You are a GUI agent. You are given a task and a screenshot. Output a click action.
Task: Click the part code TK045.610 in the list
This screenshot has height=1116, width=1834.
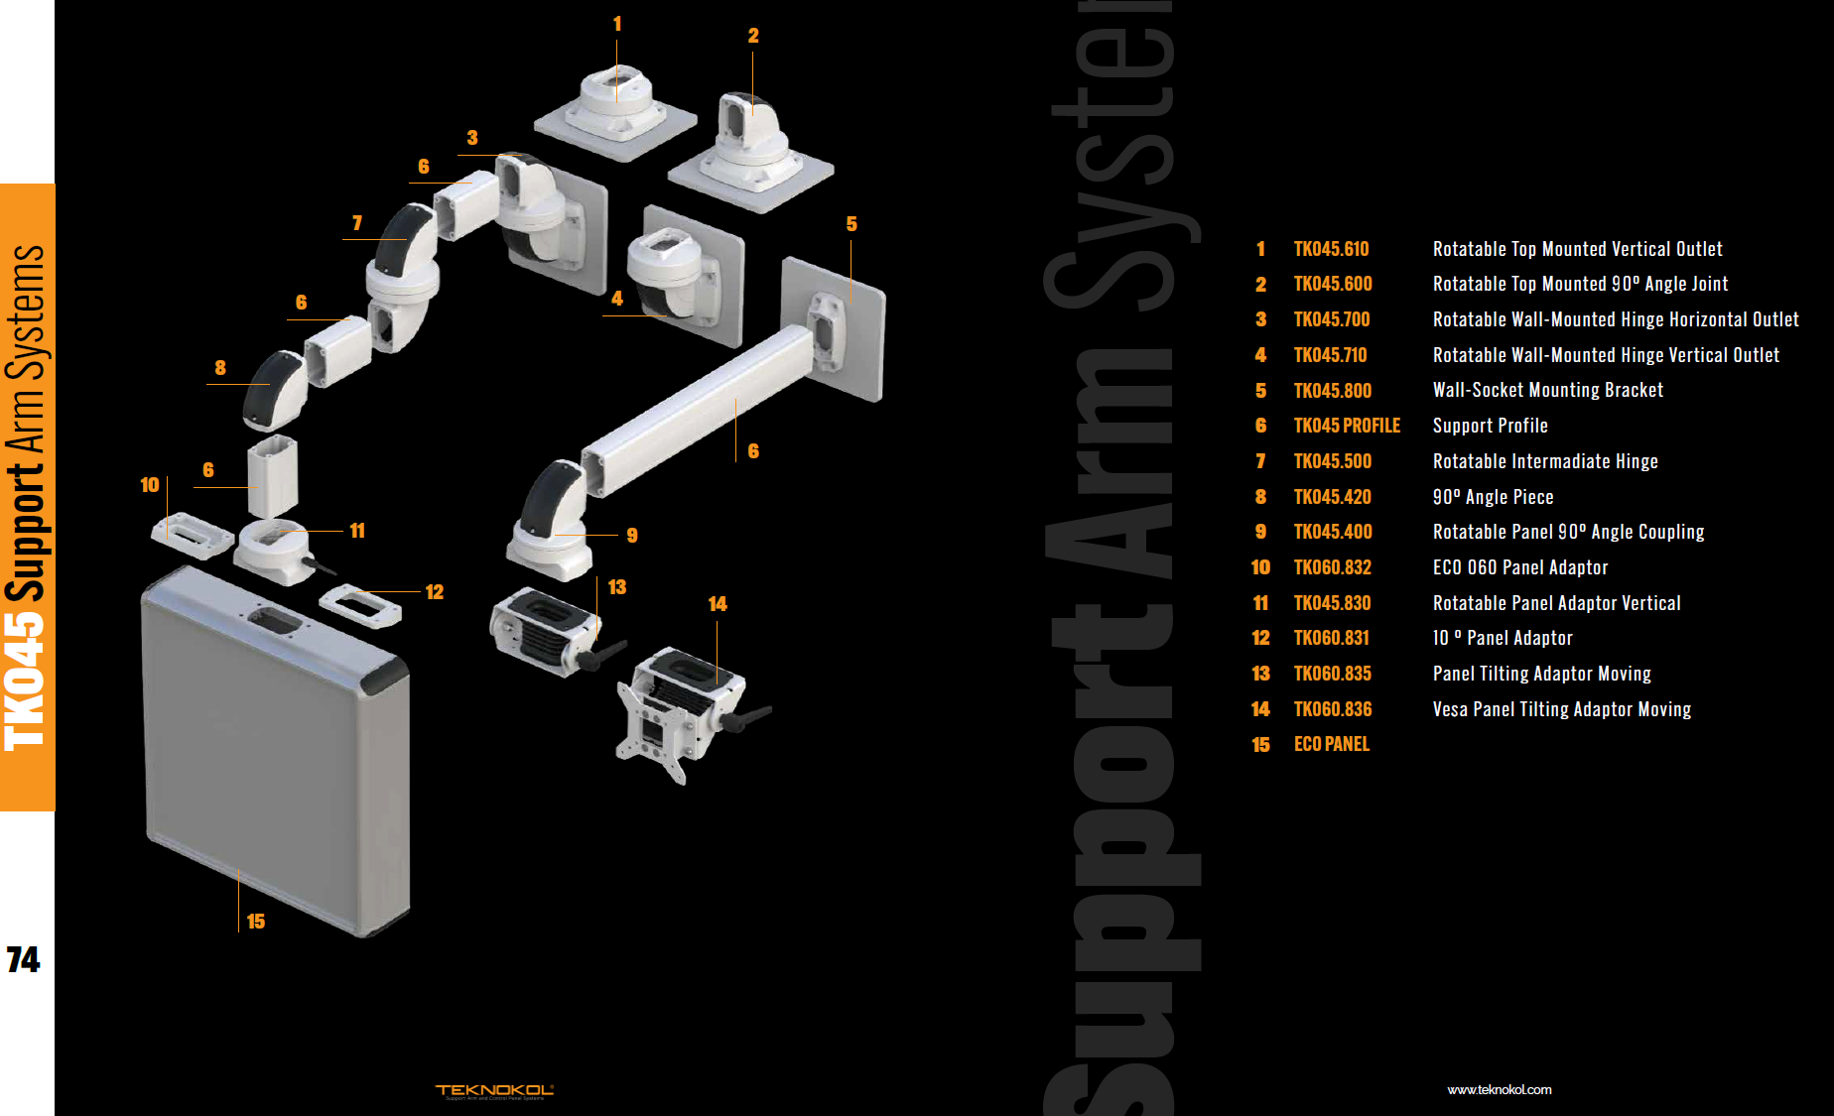1331,249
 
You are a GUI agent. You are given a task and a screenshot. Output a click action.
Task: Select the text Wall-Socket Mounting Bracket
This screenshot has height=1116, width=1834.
1547,390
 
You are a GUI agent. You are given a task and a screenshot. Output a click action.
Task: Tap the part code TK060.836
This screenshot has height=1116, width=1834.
1332,709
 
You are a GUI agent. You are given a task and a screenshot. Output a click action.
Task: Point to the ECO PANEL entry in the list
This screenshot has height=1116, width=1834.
1331,744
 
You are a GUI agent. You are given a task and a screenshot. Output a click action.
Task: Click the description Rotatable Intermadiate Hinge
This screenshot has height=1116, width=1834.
1544,461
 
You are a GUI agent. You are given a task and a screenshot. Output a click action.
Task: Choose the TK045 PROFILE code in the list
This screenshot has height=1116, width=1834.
1347,426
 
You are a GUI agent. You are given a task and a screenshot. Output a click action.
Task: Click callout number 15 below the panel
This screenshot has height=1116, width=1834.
256,922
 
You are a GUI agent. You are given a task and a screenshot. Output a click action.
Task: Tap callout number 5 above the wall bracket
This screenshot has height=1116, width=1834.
851,224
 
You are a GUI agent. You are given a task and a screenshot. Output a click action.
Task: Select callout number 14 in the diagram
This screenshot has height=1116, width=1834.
718,604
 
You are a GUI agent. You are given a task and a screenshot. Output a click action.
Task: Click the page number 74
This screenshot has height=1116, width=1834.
23,959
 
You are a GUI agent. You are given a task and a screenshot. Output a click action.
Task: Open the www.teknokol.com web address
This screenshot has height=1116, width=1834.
1499,1089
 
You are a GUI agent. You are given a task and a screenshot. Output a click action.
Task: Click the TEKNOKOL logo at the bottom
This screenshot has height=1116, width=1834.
494,1090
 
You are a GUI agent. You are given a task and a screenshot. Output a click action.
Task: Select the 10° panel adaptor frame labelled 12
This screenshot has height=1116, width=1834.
360,605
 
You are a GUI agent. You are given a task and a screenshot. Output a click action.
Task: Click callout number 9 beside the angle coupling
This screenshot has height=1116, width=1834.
632,536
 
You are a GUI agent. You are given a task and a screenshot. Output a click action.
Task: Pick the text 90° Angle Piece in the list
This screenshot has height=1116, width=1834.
1493,497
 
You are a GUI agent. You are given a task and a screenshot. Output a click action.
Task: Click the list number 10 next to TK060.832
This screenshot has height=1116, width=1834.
1260,567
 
